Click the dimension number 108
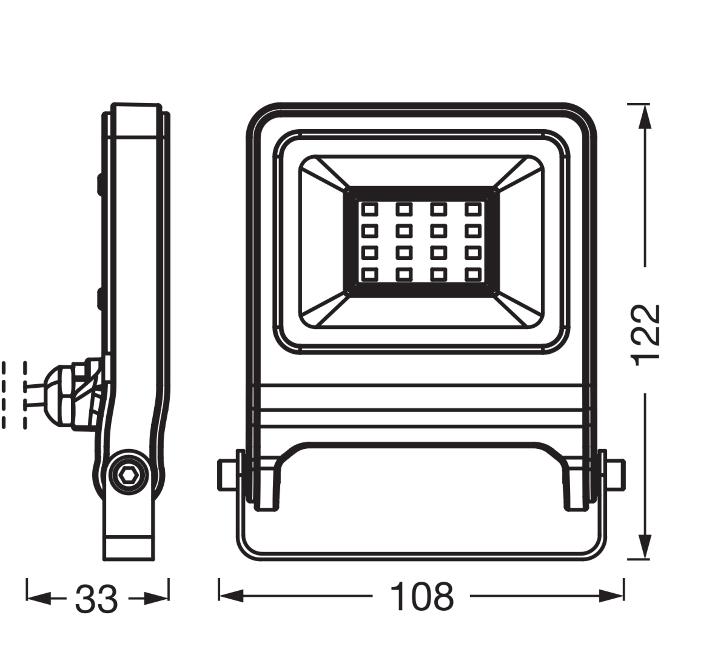point(422,597)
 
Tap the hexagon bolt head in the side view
point(128,475)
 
